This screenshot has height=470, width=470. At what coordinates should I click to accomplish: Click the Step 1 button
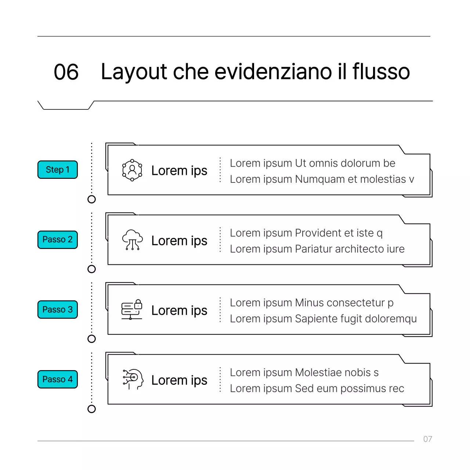(58, 170)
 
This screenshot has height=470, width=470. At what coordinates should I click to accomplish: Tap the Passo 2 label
(58, 239)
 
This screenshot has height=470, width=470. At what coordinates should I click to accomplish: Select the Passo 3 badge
(58, 310)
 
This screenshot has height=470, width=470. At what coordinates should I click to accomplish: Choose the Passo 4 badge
(58, 379)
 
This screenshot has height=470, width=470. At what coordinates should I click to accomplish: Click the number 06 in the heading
(66, 72)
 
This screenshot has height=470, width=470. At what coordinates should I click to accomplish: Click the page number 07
(427, 439)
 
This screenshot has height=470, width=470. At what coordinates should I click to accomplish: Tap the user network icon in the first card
(132, 170)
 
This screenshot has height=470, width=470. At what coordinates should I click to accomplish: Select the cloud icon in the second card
(132, 240)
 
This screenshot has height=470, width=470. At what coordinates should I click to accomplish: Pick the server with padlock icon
(132, 310)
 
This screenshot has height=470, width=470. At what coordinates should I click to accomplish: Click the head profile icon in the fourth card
(133, 379)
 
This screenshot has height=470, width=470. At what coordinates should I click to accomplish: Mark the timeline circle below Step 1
(92, 199)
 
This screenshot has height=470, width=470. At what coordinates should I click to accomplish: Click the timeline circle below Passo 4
(92, 409)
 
